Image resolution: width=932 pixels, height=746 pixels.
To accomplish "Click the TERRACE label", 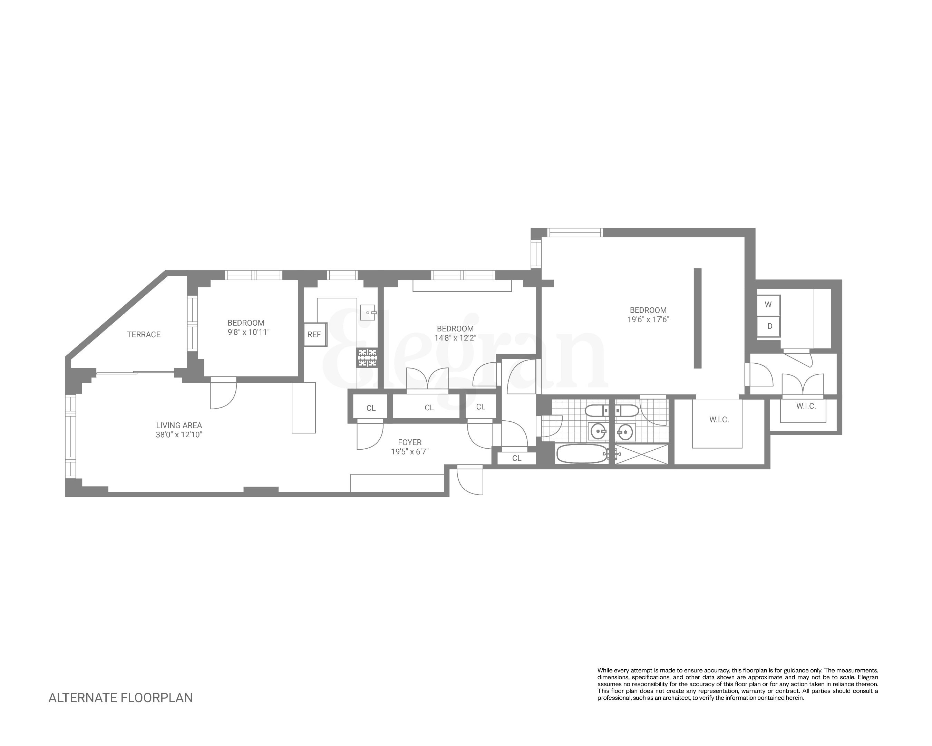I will click(x=144, y=334).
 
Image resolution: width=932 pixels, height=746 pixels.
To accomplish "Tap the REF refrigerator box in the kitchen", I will click(x=314, y=334).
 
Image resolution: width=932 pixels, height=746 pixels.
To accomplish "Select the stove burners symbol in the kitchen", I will click(x=367, y=358).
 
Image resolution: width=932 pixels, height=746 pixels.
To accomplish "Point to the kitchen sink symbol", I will click(x=368, y=312).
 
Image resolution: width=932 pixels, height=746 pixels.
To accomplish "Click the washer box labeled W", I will click(x=768, y=305).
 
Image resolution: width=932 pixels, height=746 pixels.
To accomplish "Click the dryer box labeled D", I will click(x=769, y=326).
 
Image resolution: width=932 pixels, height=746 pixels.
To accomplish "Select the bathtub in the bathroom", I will click(x=581, y=454).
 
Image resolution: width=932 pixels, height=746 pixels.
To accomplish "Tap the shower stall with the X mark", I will click(x=641, y=454).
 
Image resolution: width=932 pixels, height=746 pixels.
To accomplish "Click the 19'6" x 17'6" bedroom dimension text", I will click(x=648, y=319).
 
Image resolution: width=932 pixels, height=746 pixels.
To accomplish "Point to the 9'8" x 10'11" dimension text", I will click(x=249, y=332).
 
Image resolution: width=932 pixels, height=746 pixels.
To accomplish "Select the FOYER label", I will click(x=409, y=442).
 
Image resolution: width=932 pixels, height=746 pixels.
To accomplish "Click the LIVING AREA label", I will click(x=179, y=425).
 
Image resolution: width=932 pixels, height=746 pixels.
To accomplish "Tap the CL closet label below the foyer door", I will click(x=517, y=458).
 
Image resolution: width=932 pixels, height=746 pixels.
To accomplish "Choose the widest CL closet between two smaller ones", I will click(x=429, y=408).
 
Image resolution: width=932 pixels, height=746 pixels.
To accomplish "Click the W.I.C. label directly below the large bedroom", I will click(x=719, y=420).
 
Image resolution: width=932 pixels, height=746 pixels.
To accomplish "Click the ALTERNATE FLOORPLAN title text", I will click(x=120, y=698).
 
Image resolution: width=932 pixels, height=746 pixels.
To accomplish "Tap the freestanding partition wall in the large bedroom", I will click(x=697, y=318).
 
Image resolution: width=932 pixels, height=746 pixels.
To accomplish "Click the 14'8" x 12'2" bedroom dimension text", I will click(x=455, y=338).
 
